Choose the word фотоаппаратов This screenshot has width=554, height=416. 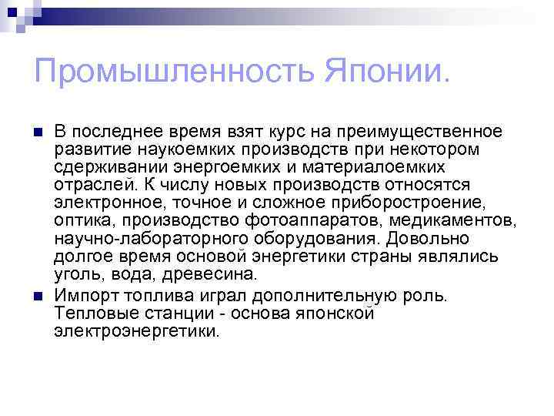(x=287, y=220)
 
